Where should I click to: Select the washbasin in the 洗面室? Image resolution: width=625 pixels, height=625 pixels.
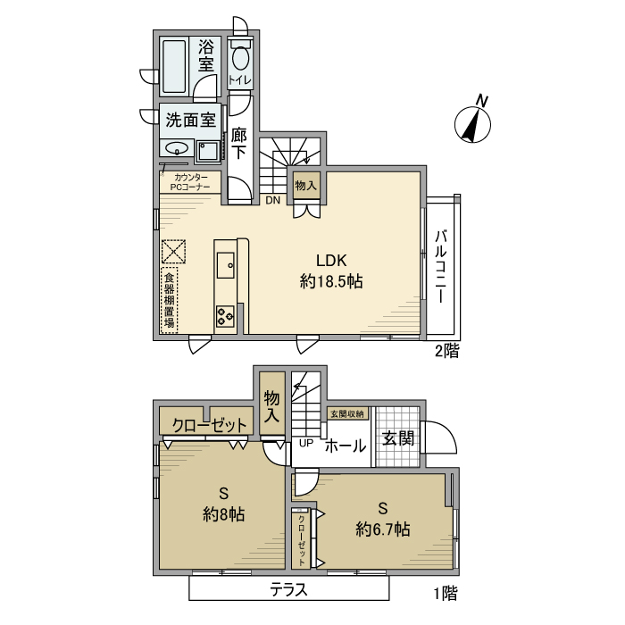[177, 148]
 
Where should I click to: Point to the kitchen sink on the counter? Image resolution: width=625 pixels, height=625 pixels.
[226, 262]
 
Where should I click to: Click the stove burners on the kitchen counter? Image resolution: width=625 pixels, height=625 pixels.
[224, 314]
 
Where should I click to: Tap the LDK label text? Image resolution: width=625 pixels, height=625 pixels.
[330, 261]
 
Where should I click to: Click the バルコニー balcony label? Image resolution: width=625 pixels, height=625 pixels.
[440, 264]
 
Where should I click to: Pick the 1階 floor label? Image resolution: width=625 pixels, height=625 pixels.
[446, 593]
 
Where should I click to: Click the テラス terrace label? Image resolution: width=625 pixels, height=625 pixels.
[289, 589]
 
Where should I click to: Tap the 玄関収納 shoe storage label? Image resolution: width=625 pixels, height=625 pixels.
[347, 413]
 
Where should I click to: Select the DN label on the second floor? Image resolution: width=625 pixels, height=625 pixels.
[272, 201]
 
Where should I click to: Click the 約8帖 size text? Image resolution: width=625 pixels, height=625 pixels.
[224, 514]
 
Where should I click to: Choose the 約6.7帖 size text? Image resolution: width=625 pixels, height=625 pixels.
[383, 529]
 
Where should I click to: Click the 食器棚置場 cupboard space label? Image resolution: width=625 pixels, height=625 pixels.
[168, 301]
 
